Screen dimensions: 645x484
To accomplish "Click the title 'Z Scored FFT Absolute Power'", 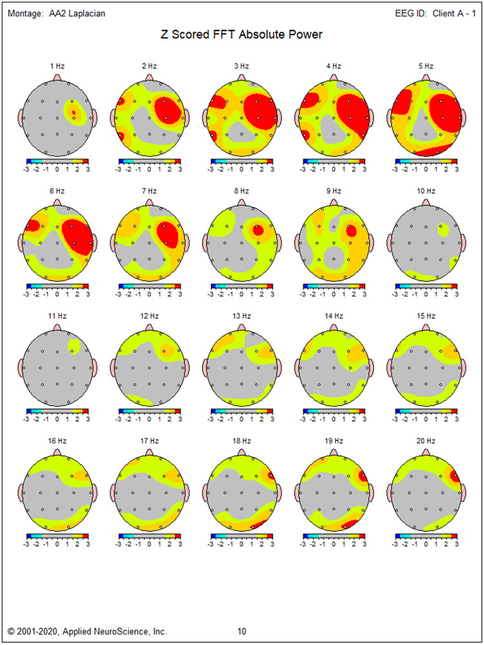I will click(241, 35).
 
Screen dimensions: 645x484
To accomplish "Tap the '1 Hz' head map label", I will click(57, 66).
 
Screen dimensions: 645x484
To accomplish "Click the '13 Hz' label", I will click(241, 316).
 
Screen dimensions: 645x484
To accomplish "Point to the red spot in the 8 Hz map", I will click(258, 229).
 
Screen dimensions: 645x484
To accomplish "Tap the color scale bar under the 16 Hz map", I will click(57, 535).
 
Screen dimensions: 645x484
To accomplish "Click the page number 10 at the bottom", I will click(241, 631).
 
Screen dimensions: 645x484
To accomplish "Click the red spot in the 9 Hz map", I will click(351, 230).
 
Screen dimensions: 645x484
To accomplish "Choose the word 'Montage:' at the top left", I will click(26, 14).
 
